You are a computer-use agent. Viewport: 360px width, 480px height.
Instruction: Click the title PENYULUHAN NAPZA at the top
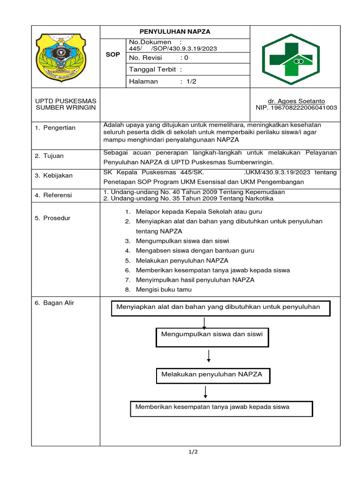[175, 32]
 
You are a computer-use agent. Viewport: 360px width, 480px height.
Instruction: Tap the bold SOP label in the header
[112, 55]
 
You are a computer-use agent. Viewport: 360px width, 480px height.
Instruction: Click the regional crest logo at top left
[65, 57]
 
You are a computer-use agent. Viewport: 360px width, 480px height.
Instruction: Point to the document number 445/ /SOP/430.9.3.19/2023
[173, 49]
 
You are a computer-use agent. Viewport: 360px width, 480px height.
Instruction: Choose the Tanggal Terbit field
[155, 70]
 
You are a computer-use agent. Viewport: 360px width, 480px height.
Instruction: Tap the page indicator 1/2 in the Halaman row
[192, 82]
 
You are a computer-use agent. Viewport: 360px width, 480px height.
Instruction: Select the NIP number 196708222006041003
[296, 108]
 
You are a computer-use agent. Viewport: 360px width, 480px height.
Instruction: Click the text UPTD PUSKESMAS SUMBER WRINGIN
[66, 104]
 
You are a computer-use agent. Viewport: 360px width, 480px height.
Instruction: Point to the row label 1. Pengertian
[55, 128]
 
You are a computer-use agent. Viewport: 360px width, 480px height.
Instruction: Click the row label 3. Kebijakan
[54, 175]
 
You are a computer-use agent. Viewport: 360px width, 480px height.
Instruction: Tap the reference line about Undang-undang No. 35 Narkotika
[188, 198]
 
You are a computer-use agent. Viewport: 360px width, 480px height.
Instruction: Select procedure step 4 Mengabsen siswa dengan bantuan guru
[195, 251]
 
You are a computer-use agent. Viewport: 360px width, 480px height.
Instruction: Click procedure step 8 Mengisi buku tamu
[164, 290]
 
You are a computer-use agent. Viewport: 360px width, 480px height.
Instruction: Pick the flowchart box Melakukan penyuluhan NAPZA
[212, 375]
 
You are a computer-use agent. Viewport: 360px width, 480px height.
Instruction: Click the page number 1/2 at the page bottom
[193, 452]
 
